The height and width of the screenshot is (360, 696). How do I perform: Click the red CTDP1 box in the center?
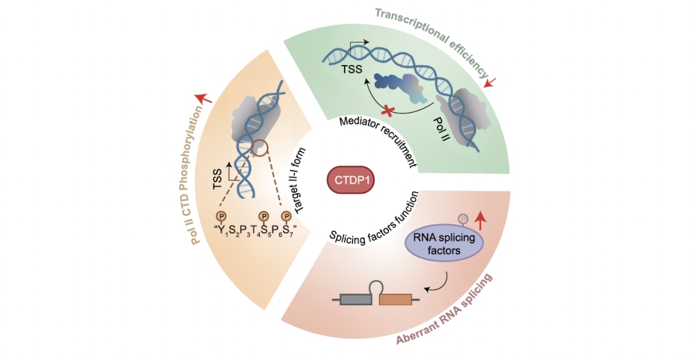tap(349, 181)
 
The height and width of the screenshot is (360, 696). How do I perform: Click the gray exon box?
tap(356, 299)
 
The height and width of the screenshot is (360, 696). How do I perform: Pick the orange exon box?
tap(395, 299)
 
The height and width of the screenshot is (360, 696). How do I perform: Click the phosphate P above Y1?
tap(221, 216)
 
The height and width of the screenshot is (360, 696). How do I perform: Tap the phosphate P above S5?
tap(264, 216)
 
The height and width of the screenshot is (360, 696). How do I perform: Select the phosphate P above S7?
tap(287, 216)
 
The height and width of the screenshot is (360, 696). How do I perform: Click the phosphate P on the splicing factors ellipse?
tap(463, 219)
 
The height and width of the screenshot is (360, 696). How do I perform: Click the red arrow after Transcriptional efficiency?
tap(490, 82)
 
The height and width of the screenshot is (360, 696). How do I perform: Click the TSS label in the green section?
tap(352, 69)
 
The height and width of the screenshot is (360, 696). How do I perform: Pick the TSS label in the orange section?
tap(218, 180)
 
